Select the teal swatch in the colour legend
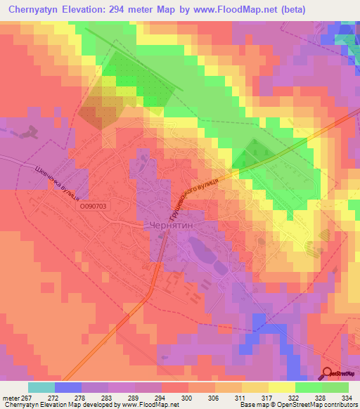pos(41,387)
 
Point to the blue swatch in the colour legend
pos(68,387)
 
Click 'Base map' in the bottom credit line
pos(252,405)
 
